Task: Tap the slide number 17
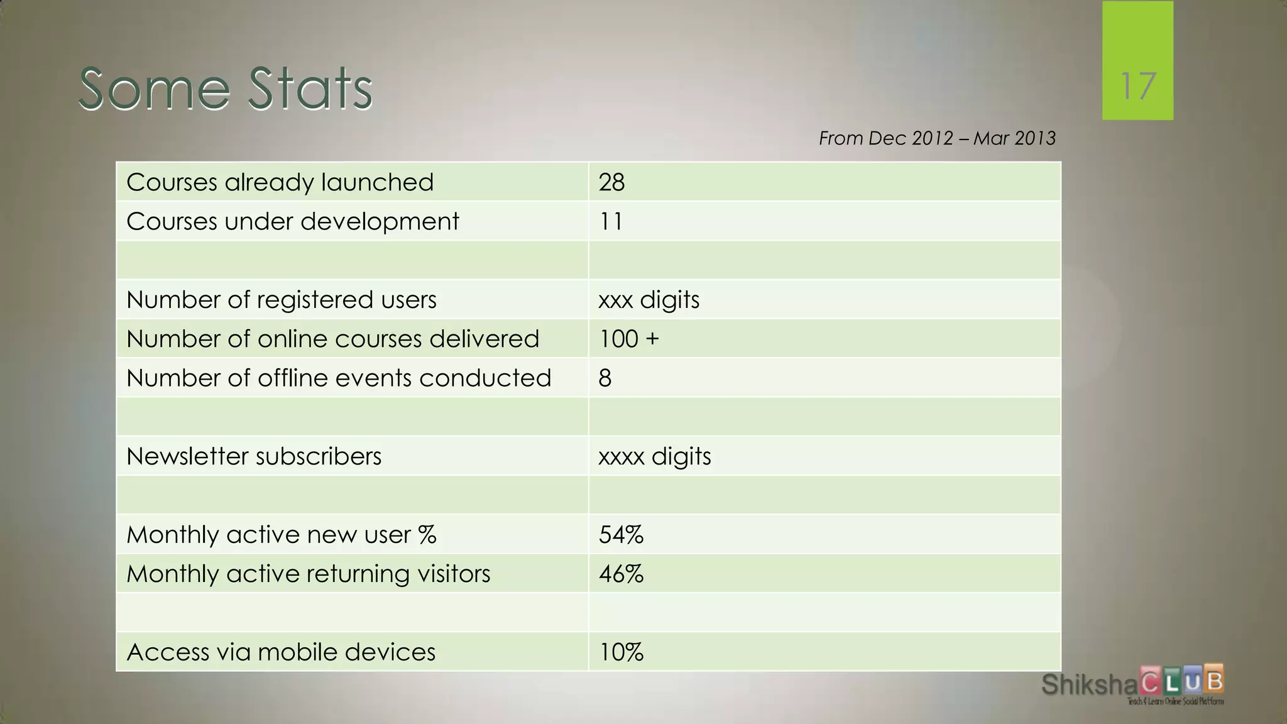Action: [1137, 86]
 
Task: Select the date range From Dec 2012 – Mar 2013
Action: [936, 138]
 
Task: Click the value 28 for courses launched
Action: [611, 182]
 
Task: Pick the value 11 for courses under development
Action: [610, 221]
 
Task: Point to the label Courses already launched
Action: [280, 182]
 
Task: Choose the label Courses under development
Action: [292, 221]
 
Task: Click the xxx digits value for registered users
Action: [649, 300]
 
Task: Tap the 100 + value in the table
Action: [628, 339]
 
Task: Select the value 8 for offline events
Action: [605, 378]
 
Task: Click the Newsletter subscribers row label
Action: [254, 456]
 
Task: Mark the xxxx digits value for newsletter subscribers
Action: [654, 456]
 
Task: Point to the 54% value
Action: [621, 535]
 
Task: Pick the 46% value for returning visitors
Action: [621, 574]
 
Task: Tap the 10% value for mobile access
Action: [621, 652]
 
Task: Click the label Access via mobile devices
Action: [281, 652]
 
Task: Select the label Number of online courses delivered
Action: [332, 339]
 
